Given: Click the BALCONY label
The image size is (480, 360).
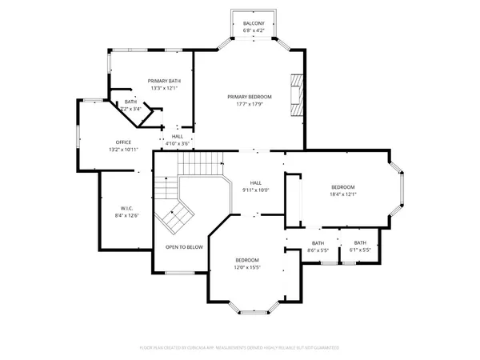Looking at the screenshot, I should tap(254, 24).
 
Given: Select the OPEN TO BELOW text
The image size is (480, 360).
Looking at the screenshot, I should tap(184, 247).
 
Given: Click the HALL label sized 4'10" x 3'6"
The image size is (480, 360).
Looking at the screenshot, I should tap(178, 136).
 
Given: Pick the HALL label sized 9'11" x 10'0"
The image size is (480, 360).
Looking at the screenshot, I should tap(256, 182).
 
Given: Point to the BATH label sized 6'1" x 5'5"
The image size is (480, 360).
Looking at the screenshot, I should tap(360, 242).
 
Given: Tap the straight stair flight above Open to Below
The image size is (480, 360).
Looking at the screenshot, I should tap(198, 165).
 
